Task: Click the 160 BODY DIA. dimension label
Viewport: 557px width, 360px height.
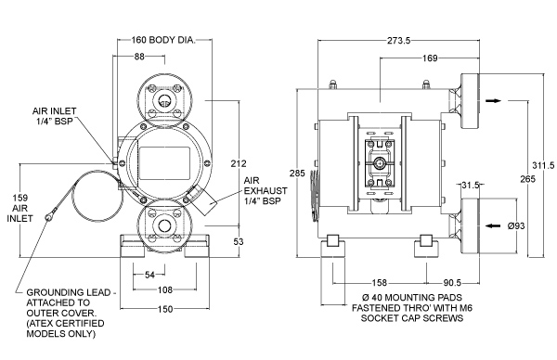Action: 163,40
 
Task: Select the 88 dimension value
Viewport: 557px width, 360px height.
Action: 139,56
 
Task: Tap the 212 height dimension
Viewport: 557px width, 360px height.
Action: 239,163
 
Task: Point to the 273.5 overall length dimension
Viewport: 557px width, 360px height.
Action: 398,41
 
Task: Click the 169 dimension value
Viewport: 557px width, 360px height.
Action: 430,58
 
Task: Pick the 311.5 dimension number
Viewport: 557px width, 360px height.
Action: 543,165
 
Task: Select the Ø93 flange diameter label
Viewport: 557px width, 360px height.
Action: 516,225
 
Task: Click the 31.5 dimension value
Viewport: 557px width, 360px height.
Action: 471,185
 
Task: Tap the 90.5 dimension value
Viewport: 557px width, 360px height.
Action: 452,283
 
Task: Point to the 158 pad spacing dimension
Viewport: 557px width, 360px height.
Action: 379,283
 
